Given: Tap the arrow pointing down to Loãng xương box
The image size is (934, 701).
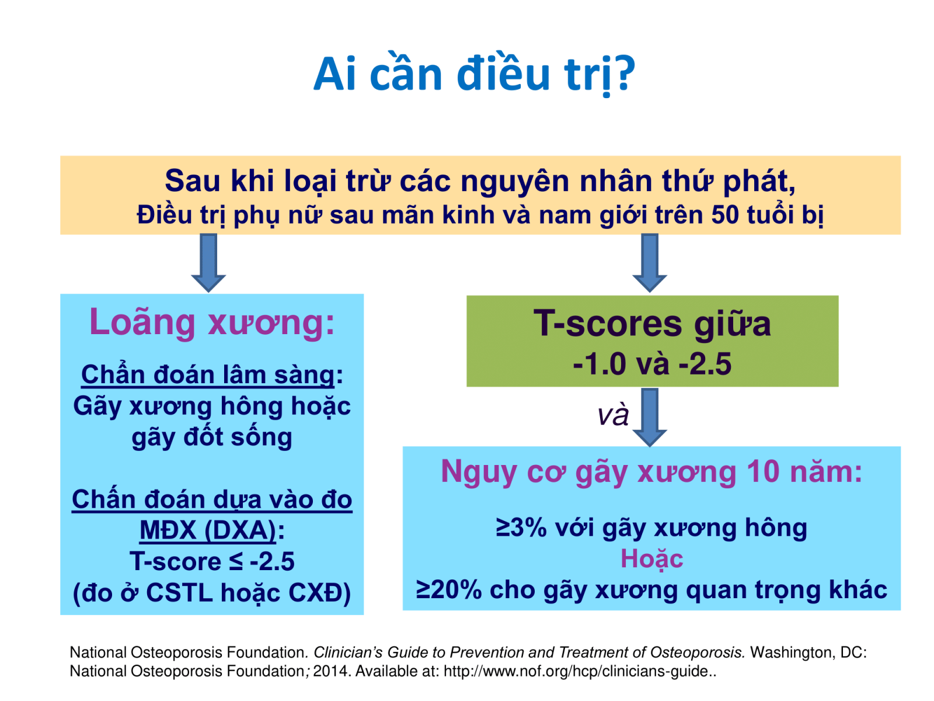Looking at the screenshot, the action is tap(208, 262).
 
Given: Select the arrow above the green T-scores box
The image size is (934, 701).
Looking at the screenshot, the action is tap(649, 262).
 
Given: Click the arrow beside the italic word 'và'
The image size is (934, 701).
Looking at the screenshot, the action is tap(649, 417).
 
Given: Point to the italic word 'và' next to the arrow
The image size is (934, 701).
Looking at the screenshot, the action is tap(613, 415).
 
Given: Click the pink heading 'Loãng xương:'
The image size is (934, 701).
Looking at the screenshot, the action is tap(212, 322).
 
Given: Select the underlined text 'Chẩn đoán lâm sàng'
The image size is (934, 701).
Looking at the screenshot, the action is tap(208, 374).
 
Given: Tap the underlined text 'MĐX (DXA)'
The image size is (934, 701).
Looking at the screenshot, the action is tap(208, 530).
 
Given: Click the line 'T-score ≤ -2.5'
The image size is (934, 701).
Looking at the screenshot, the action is tap(212, 561).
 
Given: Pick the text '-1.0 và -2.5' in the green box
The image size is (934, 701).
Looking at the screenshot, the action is tap(652, 364).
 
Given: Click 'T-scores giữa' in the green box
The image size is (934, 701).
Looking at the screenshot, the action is tap(652, 324).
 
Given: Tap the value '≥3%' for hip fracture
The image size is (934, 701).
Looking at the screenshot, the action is tap(521, 528).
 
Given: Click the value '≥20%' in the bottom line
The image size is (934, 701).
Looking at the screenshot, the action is tap(448, 590).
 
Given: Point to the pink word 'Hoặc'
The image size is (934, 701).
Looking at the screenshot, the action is tap(651, 559).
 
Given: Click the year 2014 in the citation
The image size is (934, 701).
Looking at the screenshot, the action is tap(330, 671).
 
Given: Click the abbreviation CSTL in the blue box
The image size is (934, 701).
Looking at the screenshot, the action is tap(179, 592).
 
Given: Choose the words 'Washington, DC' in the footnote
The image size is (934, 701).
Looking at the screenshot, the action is tap(806, 653).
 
